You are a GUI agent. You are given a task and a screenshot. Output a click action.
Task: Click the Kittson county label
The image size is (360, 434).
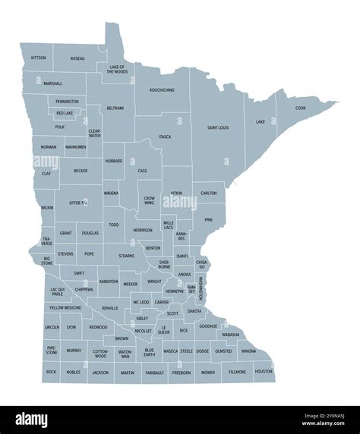[38, 58]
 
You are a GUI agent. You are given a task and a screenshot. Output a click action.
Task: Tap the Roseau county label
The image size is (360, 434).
[77, 58]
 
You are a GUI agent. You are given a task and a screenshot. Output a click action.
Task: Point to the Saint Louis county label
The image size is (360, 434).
[218, 127]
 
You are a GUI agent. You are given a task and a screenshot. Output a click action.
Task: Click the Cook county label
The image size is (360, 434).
[301, 108]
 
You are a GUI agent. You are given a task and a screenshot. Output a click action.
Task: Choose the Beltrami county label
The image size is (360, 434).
[115, 108]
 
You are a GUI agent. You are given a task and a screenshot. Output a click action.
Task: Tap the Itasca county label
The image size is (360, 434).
[165, 137]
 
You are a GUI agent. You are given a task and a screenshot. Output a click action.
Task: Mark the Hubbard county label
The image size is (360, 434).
[114, 161]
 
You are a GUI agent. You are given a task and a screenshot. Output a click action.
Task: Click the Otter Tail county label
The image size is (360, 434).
[79, 203]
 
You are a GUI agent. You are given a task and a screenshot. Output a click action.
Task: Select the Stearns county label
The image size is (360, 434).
[127, 256]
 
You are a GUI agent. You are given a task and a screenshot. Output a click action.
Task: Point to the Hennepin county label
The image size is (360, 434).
[175, 291]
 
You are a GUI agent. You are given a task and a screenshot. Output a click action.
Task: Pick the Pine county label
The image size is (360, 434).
[208, 220]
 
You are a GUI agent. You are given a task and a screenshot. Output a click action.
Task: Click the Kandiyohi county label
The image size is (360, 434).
[109, 281]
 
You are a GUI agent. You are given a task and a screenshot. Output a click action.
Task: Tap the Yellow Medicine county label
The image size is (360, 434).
[65, 308]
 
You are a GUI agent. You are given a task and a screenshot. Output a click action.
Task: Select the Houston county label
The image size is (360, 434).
[264, 372]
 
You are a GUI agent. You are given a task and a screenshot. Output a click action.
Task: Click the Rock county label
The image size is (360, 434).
[51, 372]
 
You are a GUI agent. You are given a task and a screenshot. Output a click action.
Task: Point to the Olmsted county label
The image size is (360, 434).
[223, 351]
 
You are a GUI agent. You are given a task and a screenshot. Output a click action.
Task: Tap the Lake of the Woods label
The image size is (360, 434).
[117, 69]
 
